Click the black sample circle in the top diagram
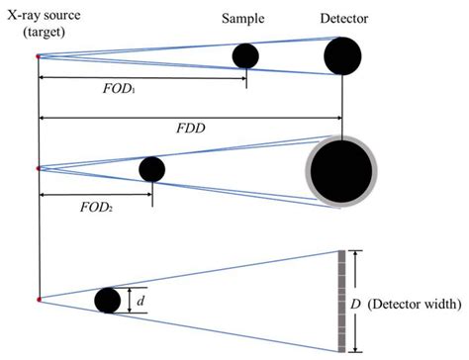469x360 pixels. [x=245, y=56]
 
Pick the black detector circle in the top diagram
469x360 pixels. [x=342, y=56]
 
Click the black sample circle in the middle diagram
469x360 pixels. [x=151, y=169]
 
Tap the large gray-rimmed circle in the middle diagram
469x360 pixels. [x=341, y=171]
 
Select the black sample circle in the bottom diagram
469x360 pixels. [x=108, y=300]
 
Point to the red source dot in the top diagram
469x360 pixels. [x=38, y=56]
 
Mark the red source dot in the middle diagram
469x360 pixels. [x=38, y=169]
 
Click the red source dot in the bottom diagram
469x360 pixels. [x=38, y=299]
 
